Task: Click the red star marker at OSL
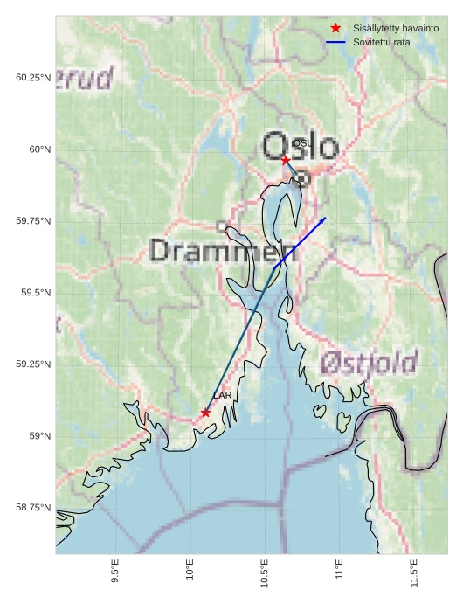tap(285, 160)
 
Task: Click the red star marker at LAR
tap(205, 413)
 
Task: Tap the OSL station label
tap(301, 142)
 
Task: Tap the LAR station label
tap(223, 396)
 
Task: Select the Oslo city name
tap(300, 147)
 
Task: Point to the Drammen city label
tap(224, 252)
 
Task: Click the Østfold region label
tap(369, 362)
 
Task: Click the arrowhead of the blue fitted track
tap(324, 219)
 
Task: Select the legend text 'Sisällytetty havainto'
tap(396, 29)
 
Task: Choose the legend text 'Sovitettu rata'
tap(382, 42)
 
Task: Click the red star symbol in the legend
tap(335, 29)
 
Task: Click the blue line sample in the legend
tap(335, 42)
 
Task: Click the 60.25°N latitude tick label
tap(33, 78)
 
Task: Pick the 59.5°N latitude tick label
tap(36, 293)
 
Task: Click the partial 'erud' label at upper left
tap(86, 79)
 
